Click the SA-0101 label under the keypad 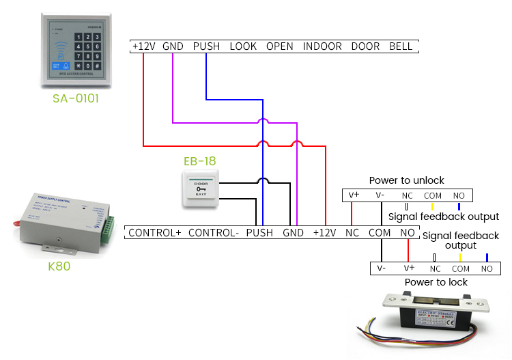point(76,98)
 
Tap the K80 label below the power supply point(59,266)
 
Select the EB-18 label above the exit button point(199,161)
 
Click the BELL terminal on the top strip point(401,46)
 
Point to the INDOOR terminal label point(322,46)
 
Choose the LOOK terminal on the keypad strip point(243,46)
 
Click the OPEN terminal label point(280,46)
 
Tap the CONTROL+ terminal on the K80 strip point(154,233)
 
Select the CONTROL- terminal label point(213,233)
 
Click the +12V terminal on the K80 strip point(325,233)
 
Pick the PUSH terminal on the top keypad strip point(206,46)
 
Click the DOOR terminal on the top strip point(365,46)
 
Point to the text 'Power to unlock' point(406,180)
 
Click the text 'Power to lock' point(436,282)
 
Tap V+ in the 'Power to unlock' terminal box point(354,195)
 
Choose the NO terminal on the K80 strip point(408,233)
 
